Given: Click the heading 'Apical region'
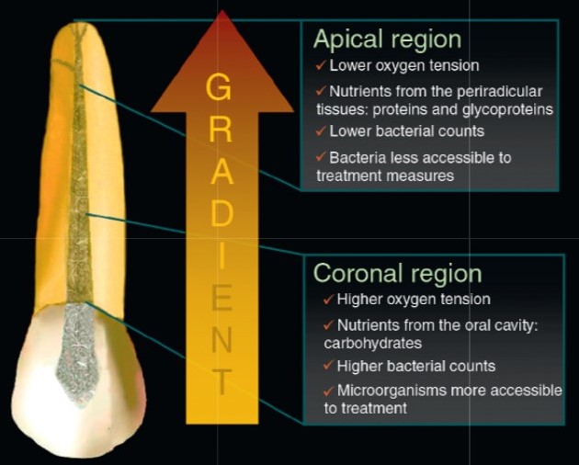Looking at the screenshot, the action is [x=387, y=40].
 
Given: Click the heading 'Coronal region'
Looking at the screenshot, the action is [x=398, y=273].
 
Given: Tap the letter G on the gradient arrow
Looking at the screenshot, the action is [x=219, y=86].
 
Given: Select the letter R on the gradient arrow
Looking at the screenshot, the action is [x=221, y=130].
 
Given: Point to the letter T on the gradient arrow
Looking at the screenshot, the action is [x=221, y=381].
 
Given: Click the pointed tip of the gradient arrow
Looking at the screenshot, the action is [x=221, y=10].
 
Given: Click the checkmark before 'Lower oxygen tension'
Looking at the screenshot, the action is [x=321, y=66].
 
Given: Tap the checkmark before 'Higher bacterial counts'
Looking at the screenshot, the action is [x=328, y=366].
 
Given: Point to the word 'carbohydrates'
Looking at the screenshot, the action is [x=373, y=343].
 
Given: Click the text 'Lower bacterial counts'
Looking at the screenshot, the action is [x=406, y=131].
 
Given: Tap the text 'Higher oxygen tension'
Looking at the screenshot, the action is [x=414, y=300].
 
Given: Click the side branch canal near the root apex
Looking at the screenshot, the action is [x=63, y=62].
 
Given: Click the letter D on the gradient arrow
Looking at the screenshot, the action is [x=221, y=213].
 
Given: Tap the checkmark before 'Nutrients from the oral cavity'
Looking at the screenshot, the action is [x=328, y=325].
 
